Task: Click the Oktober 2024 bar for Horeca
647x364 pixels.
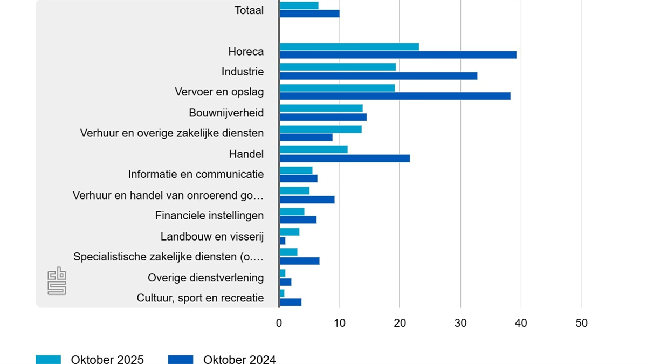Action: [398, 55]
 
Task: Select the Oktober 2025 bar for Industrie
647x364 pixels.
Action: [338, 67]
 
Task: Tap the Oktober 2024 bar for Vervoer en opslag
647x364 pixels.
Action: [395, 96]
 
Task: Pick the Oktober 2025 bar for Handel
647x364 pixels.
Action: [313, 149]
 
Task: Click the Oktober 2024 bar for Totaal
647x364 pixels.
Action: [309, 13]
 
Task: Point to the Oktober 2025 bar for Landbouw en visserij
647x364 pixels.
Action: [290, 232]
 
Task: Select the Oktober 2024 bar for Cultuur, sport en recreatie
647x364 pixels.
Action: [291, 302]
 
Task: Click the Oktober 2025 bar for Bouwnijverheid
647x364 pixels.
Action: [321, 108]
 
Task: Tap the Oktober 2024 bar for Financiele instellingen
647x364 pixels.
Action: [298, 219]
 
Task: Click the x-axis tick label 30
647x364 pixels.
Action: [460, 323]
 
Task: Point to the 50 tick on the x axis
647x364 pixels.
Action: [581, 323]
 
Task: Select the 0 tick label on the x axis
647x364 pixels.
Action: [279, 323]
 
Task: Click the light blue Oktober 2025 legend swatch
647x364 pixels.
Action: [49, 359]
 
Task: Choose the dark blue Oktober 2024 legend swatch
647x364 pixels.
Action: [181, 359]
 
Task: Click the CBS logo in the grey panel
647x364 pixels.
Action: [57, 281]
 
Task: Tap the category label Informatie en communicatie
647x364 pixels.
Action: [196, 174]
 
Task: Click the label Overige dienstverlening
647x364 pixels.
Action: [205, 278]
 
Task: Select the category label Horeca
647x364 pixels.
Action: [246, 52]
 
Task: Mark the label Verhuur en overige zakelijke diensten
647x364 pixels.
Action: [172, 133]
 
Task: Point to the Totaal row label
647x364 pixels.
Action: [249, 10]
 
